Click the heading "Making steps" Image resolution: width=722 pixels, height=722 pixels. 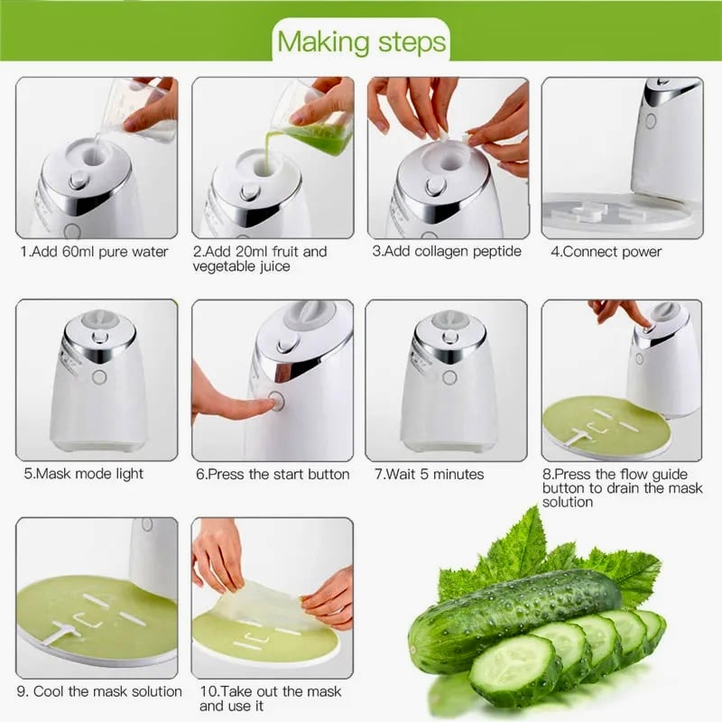click(x=362, y=42)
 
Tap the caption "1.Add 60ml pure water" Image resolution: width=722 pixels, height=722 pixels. click(x=95, y=252)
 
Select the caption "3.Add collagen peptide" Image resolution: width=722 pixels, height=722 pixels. click(x=447, y=252)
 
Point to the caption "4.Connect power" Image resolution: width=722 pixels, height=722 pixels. click(x=606, y=252)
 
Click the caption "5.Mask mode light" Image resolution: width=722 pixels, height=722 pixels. click(x=83, y=474)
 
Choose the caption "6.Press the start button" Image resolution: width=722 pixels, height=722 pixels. click(x=273, y=475)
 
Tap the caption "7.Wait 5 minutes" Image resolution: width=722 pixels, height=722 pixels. click(x=430, y=475)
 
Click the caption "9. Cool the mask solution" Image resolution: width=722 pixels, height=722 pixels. click(x=99, y=691)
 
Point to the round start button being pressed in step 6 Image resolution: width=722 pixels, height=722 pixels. click(x=276, y=401)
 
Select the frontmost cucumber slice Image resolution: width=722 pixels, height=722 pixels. click(x=514, y=671)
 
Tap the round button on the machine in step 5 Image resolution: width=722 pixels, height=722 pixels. click(x=99, y=377)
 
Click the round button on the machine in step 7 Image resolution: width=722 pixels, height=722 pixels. click(x=449, y=377)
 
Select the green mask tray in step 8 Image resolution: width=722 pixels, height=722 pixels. click(x=606, y=428)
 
